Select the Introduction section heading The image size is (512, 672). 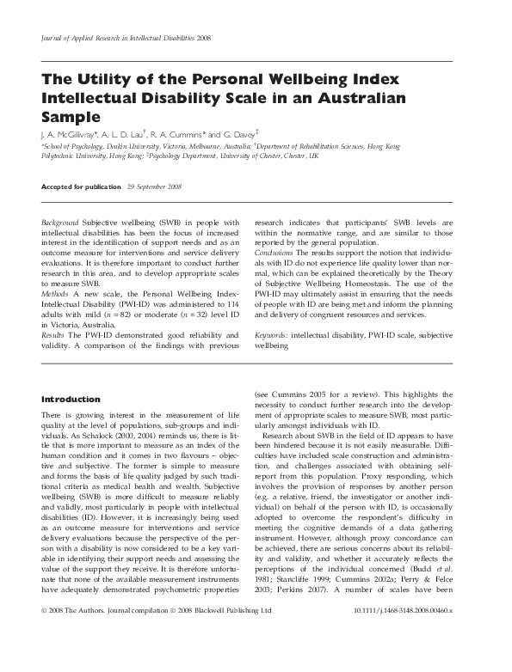pos(71,400)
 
